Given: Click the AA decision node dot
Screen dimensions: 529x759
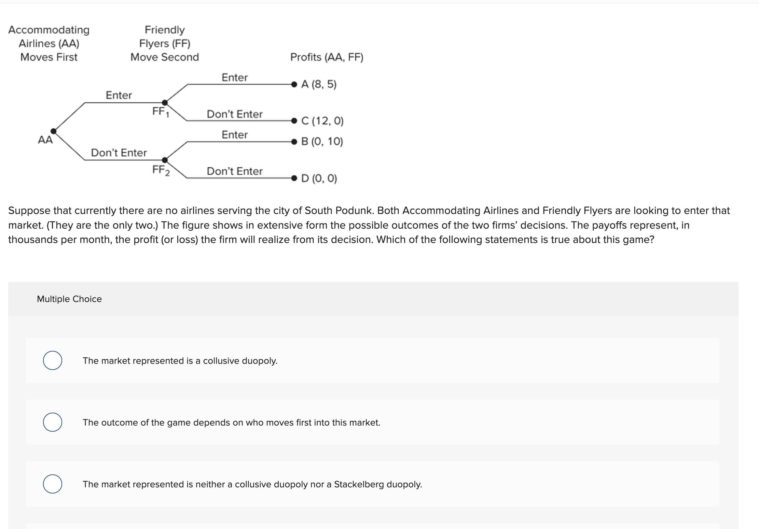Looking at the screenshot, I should pyautogui.click(x=54, y=131).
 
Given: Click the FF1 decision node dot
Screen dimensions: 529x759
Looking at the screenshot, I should pyautogui.click(x=165, y=102).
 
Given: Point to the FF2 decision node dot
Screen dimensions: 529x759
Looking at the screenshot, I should pyautogui.click(x=165, y=160).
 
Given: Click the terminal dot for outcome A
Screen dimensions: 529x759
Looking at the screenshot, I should pyautogui.click(x=294, y=84).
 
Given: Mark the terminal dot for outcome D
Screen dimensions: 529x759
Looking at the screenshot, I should pyautogui.click(x=294, y=178).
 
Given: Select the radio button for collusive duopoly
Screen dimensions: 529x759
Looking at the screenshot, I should pyautogui.click(x=53, y=360).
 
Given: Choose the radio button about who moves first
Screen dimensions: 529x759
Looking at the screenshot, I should pyautogui.click(x=53, y=422).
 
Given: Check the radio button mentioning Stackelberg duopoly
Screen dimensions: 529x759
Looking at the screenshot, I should pyautogui.click(x=53, y=484).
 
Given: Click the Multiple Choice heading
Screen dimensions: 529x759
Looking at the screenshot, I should pyautogui.click(x=69, y=299).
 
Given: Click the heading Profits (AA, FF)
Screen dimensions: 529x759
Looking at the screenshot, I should pyautogui.click(x=327, y=57).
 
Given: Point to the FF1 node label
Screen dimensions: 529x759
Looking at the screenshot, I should pyautogui.click(x=160, y=112).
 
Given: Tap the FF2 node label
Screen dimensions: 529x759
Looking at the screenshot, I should pyautogui.click(x=161, y=170).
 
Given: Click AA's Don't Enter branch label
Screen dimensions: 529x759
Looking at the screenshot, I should pyautogui.click(x=119, y=153).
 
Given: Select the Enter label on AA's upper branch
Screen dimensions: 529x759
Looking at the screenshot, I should pyautogui.click(x=119, y=95).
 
